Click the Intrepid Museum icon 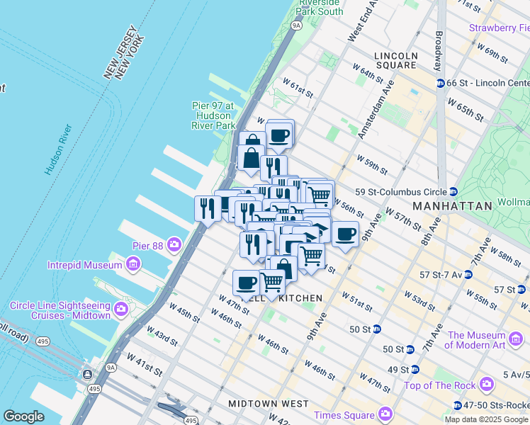[132, 265]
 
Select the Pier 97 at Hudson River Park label [213, 115]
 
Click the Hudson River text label [58, 149]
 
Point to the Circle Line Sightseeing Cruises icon [121, 310]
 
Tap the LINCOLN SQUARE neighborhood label [397, 60]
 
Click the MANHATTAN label [452, 205]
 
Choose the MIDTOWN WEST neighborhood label [269, 404]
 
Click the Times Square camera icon [385, 413]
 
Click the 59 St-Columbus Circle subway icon [452, 192]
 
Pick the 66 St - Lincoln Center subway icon [440, 84]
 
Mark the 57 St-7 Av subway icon [468, 274]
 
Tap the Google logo [24, 416]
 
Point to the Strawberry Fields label [499, 28]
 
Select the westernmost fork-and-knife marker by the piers [206, 208]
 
